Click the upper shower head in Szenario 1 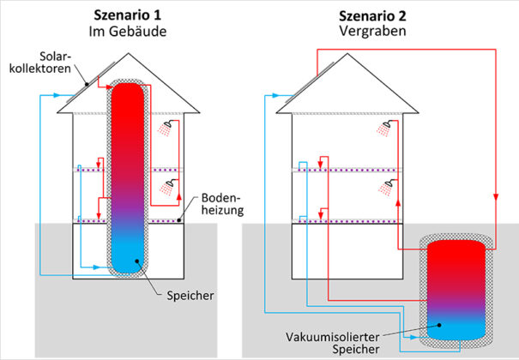pos(166,129)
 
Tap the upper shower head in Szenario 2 pos(388,129)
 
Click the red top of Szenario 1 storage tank pos(130,94)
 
